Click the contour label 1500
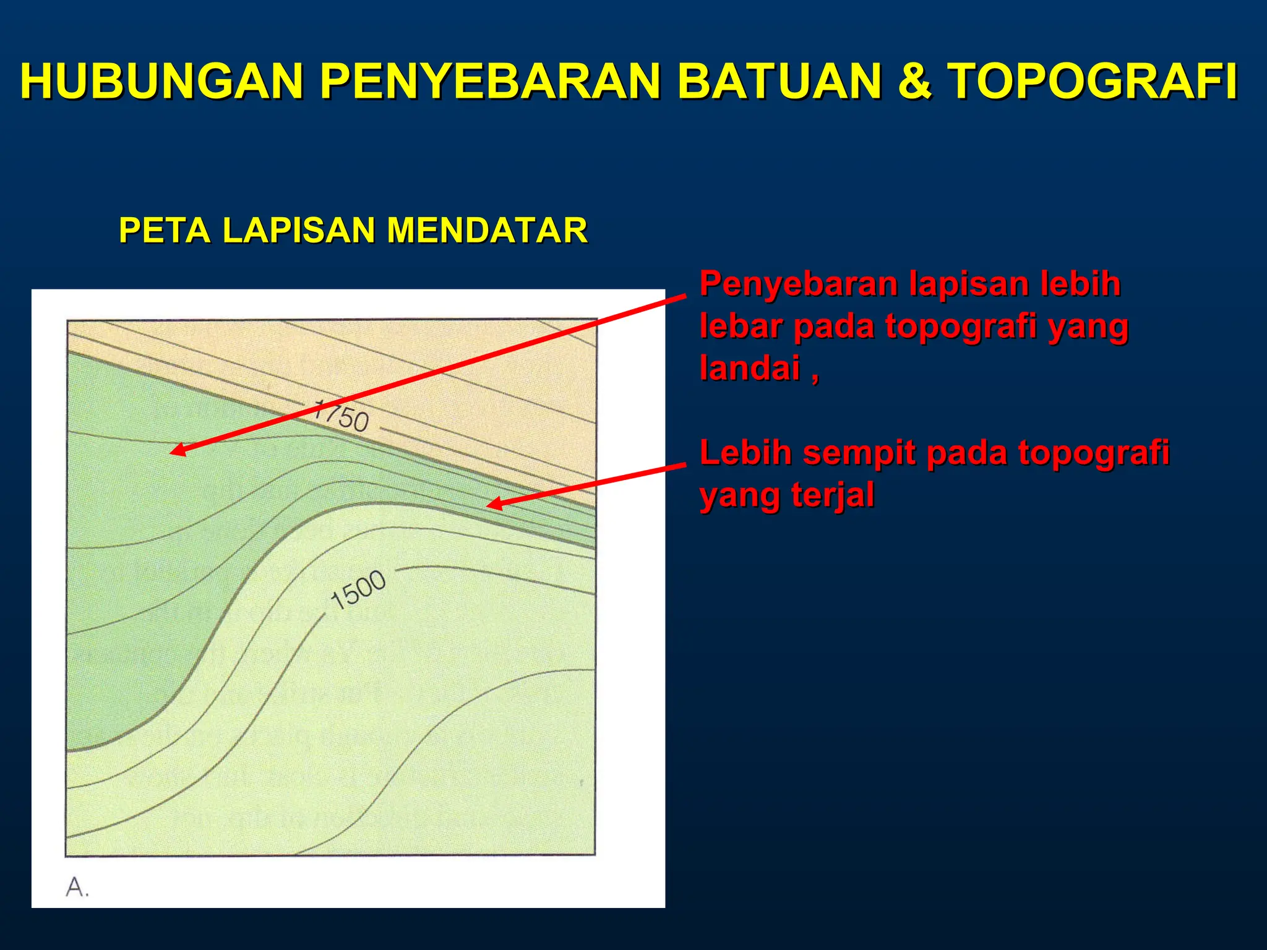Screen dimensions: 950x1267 pyautogui.click(x=358, y=589)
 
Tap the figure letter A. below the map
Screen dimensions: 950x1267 pyautogui.click(x=77, y=888)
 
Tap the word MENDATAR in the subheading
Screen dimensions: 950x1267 pyautogui.click(x=487, y=230)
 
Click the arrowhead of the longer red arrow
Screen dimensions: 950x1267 pyautogui.click(x=174, y=451)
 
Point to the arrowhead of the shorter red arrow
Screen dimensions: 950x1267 pyautogui.click(x=491, y=505)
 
